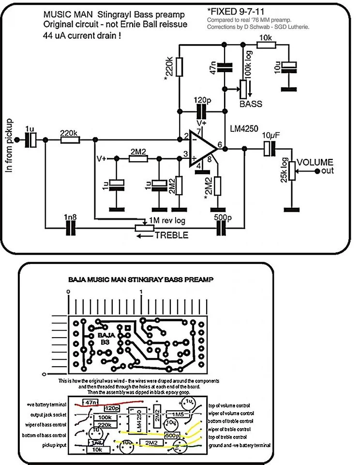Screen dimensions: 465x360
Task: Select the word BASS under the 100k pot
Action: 251,104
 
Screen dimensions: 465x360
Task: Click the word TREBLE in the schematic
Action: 172,236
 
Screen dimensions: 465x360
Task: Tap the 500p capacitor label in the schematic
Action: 222,217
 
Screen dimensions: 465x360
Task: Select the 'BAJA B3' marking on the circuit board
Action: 105,338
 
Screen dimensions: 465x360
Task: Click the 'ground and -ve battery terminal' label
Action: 240,445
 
